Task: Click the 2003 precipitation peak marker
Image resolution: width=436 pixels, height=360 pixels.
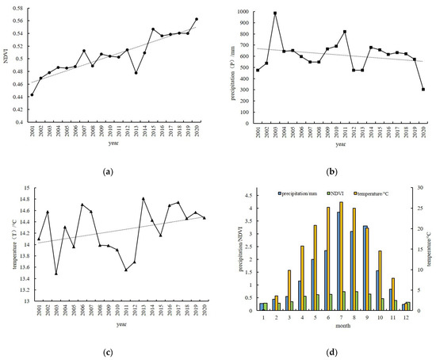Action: click(x=275, y=13)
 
